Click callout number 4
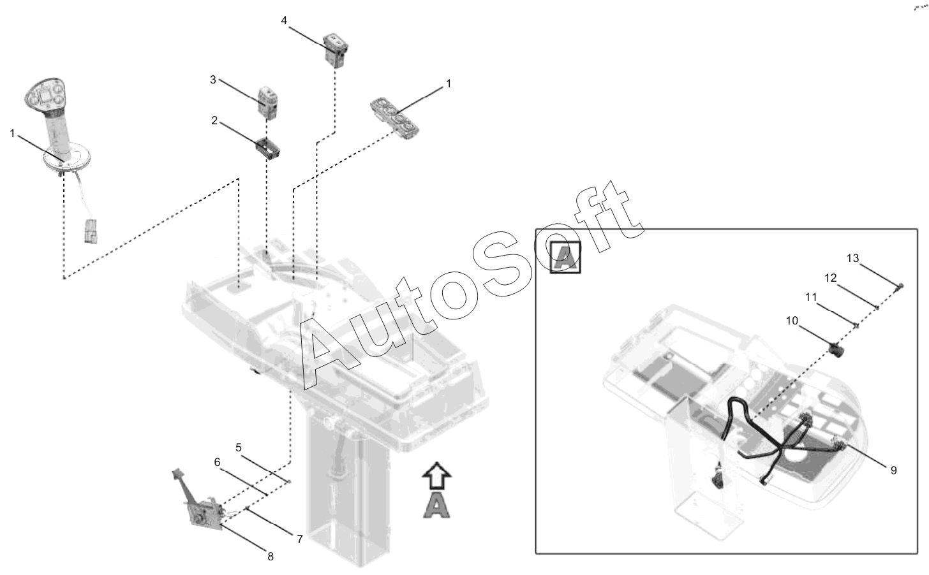(284, 20)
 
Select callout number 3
(212, 80)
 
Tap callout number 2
(214, 120)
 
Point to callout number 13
(852, 259)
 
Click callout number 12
(830, 278)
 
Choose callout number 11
(811, 297)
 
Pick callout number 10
(792, 321)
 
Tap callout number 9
(894, 470)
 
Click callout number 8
(271, 557)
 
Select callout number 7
(299, 539)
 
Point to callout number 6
(217, 462)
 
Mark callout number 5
(239, 448)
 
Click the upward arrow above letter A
(436, 476)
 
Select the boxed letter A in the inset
(565, 258)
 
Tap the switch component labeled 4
(336, 50)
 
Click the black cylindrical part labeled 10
(836, 350)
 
